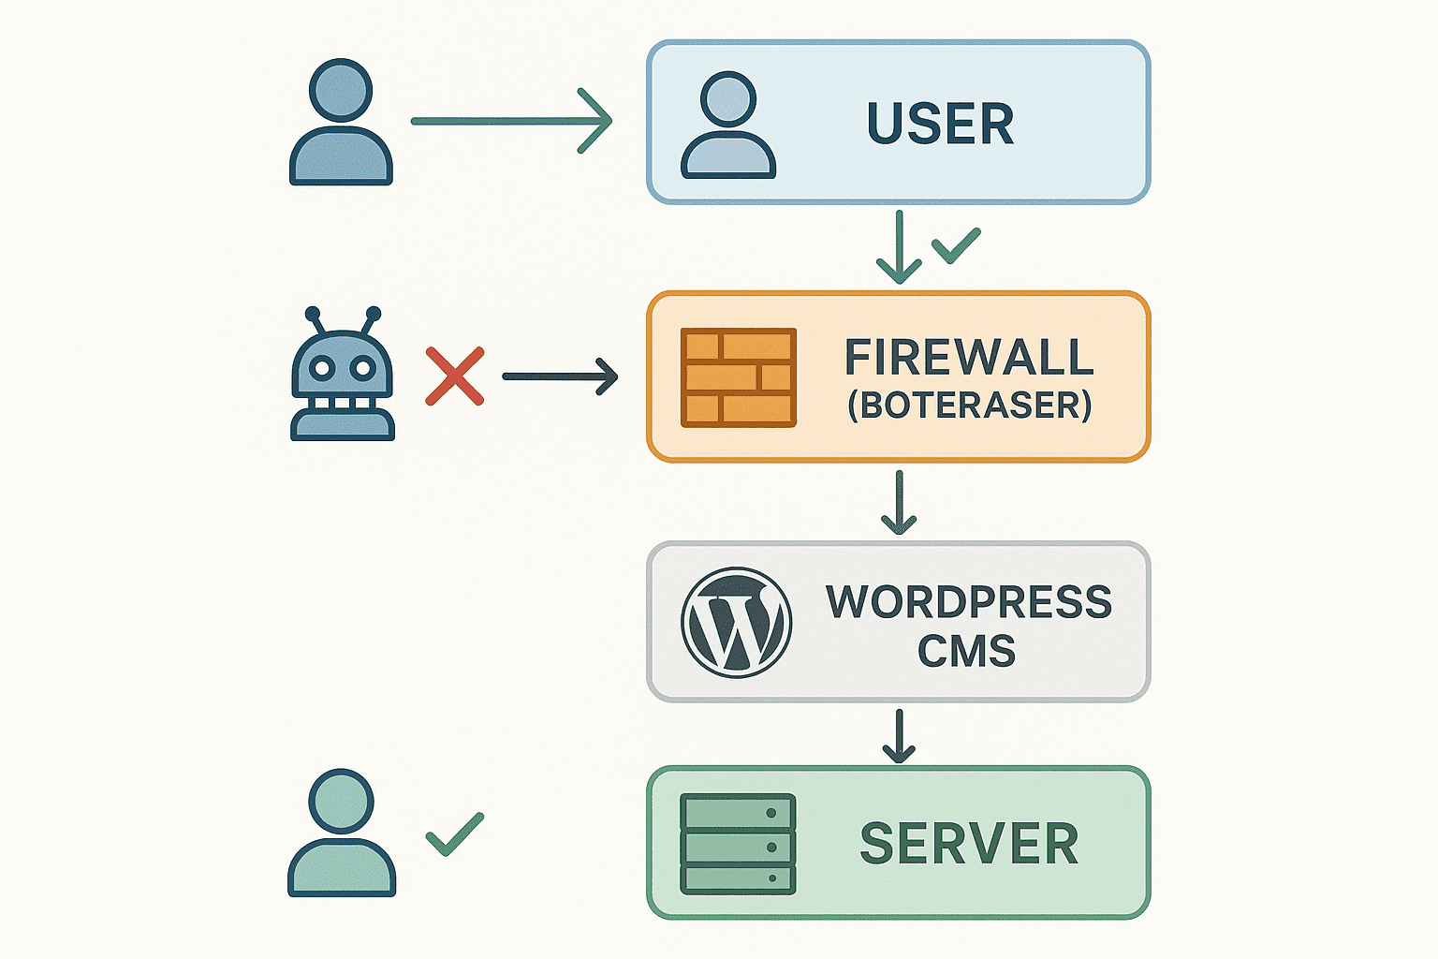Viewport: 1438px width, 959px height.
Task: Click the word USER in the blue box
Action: pyautogui.click(x=940, y=124)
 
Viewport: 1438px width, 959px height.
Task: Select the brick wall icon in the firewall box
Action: pyautogui.click(x=739, y=377)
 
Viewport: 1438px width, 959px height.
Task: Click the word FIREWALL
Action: pyautogui.click(x=969, y=357)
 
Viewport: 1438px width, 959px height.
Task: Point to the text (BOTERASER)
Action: pyautogui.click(x=969, y=406)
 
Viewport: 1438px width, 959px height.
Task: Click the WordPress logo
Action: pyautogui.click(x=737, y=622)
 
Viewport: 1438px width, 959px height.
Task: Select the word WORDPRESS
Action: pyautogui.click(x=969, y=602)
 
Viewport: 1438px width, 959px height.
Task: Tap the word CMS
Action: pyautogui.click(x=966, y=651)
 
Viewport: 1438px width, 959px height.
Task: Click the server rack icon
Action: pyautogui.click(x=738, y=844)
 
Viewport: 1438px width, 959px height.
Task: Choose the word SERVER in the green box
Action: pyautogui.click(x=969, y=844)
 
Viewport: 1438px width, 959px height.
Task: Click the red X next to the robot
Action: pyautogui.click(x=455, y=376)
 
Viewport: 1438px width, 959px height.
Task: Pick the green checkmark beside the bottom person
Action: pyautogui.click(x=455, y=834)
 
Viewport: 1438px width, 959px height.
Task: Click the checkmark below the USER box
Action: pyautogui.click(x=956, y=245)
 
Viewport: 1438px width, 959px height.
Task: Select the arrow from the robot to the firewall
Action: pyautogui.click(x=560, y=376)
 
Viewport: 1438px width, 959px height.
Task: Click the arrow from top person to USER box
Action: pyautogui.click(x=510, y=121)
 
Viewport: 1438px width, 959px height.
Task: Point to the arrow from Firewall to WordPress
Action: pyautogui.click(x=899, y=503)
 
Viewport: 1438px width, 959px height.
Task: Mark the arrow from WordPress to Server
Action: pyautogui.click(x=899, y=736)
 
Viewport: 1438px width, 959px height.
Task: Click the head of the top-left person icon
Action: pyautogui.click(x=341, y=90)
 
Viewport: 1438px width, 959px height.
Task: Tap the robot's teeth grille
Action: pyautogui.click(x=343, y=404)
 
